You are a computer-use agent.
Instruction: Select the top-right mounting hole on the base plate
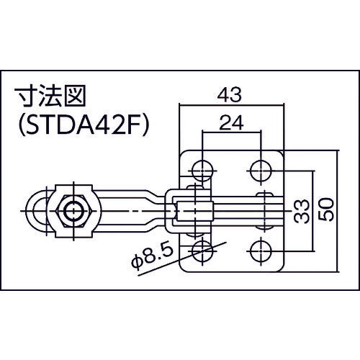coord(260,171)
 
